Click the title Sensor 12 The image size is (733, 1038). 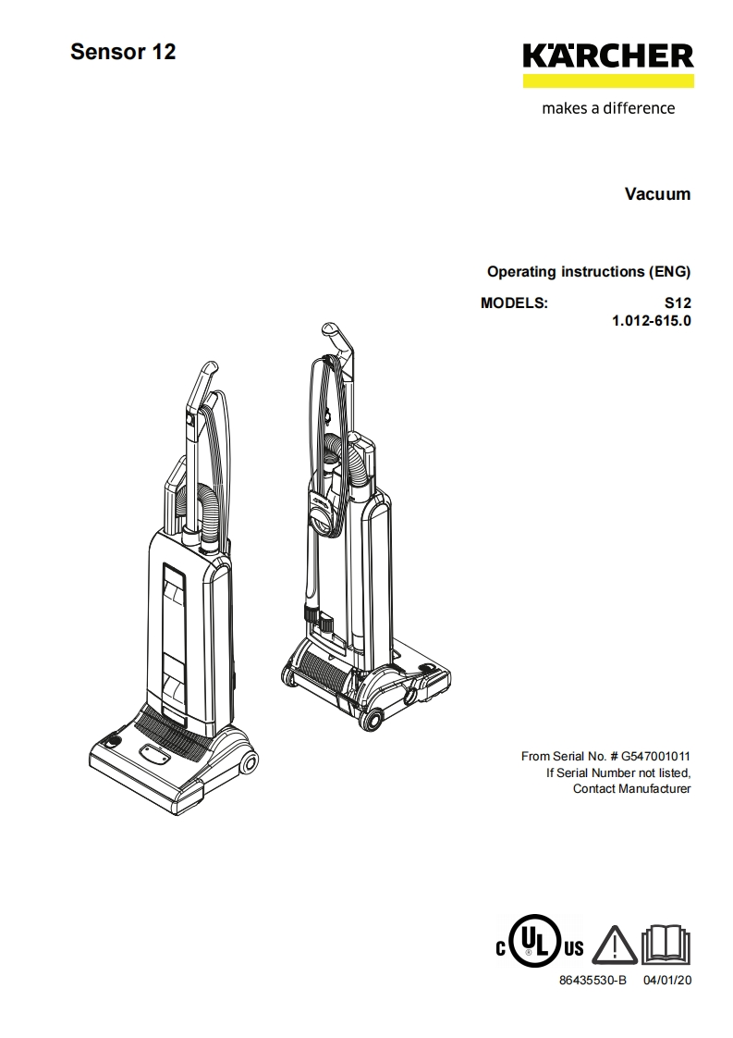pos(123,52)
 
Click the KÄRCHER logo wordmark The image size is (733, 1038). pos(607,56)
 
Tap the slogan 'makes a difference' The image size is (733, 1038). pos(607,108)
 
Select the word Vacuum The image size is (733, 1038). pos(657,194)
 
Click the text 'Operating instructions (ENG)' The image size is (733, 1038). pos(589,272)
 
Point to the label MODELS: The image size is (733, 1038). pos(514,303)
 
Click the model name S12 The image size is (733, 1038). pos(677,303)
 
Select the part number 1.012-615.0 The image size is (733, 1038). pos(651,321)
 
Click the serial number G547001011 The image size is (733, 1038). pos(655,756)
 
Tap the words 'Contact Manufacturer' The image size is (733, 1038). pos(631,789)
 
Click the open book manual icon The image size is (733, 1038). pos(666,944)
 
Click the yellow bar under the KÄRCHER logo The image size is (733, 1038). pos(607,81)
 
